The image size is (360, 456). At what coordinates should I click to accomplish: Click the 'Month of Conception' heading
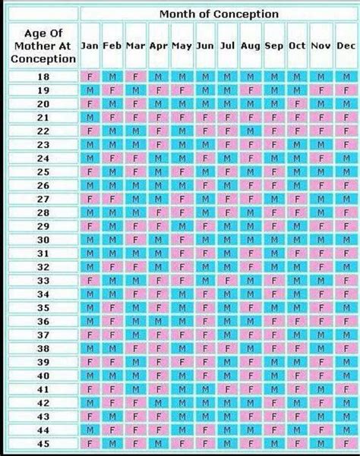[218, 14]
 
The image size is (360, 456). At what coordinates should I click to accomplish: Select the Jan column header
[90, 46]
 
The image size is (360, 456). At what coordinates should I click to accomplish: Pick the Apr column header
[158, 46]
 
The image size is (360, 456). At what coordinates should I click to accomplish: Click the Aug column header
[251, 46]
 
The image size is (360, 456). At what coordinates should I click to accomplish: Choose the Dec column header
[345, 46]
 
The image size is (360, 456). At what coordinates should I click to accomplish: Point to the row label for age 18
[43, 77]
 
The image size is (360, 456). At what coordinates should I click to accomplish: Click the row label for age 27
[43, 198]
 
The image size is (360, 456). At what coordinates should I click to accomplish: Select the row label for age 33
[43, 280]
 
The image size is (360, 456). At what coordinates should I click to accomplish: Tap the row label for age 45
[43, 442]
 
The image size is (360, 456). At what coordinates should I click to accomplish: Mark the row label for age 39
[43, 361]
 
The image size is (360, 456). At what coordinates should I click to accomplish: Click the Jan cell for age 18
[90, 77]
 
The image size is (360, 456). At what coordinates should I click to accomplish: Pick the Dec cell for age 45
[345, 442]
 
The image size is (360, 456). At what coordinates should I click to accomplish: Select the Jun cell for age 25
[206, 171]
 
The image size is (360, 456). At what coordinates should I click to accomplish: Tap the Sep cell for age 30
[274, 239]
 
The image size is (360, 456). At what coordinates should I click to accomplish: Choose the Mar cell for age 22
[136, 131]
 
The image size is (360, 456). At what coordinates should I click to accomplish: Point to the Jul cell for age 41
[229, 388]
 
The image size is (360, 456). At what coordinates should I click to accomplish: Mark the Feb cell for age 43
[113, 415]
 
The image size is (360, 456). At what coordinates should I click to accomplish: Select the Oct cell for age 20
[297, 104]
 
